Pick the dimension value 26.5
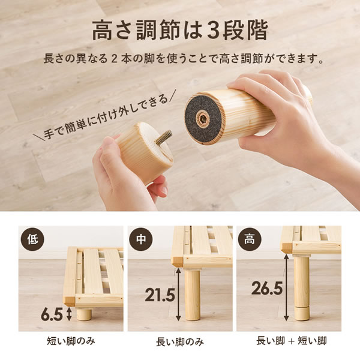(x=268, y=288)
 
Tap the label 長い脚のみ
(x=179, y=342)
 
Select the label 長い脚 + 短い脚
(x=288, y=342)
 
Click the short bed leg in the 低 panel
(x=84, y=314)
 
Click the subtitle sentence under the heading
(x=179, y=61)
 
